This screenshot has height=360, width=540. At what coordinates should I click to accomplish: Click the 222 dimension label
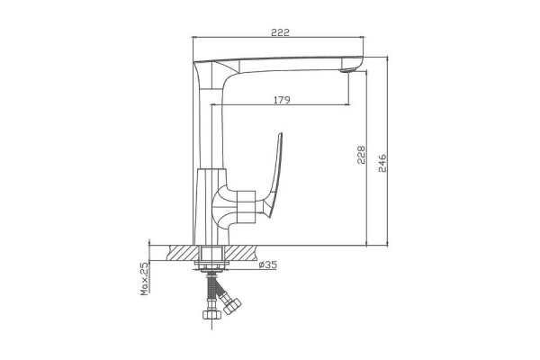(x=280, y=32)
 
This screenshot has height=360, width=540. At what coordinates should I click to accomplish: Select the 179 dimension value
(x=282, y=100)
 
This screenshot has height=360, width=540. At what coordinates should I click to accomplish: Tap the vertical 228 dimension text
(x=361, y=155)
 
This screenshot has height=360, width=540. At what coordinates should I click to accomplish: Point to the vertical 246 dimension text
(x=382, y=163)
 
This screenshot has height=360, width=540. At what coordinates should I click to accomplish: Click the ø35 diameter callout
(x=267, y=265)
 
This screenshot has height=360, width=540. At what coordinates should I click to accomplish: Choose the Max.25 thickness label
(x=144, y=279)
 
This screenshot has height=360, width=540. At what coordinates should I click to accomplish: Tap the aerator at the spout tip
(x=346, y=70)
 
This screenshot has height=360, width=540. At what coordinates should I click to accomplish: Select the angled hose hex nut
(x=232, y=306)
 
